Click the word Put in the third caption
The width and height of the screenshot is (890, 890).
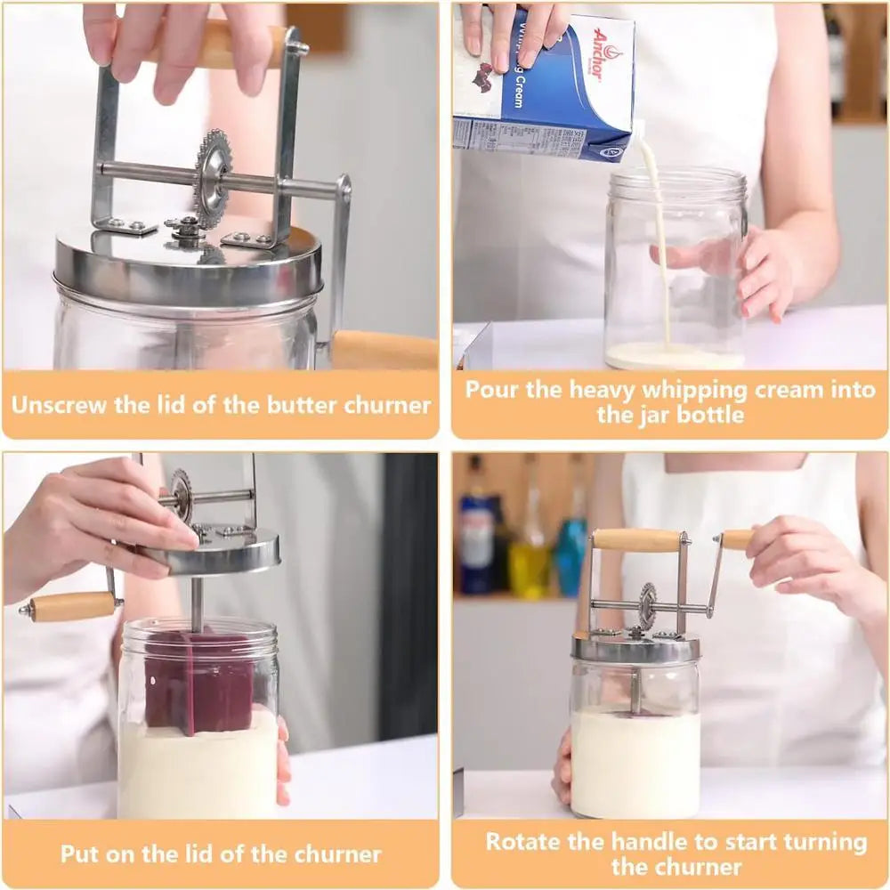coord(79,854)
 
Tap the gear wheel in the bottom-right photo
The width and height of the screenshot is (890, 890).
coord(647,606)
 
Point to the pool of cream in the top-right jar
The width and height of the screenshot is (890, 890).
coord(675,356)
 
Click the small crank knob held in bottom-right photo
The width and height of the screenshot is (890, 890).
coord(737,538)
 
